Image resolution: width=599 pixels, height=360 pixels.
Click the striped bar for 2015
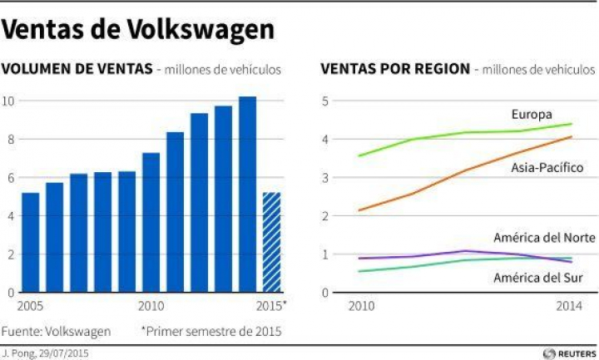pyautogui.click(x=272, y=243)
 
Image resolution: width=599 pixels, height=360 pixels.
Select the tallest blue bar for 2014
pyautogui.click(x=247, y=195)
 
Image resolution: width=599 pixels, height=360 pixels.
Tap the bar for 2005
pyautogui.click(x=30, y=243)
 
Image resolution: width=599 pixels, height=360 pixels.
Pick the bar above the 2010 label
pyautogui.click(x=151, y=223)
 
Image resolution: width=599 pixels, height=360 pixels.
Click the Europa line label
pyautogui.click(x=532, y=114)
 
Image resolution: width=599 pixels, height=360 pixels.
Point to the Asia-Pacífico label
pyautogui.click(x=547, y=168)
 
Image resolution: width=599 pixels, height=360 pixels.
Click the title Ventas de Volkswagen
pyautogui.click(x=138, y=30)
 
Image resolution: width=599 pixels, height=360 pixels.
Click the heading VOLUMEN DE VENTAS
pyautogui.click(x=77, y=69)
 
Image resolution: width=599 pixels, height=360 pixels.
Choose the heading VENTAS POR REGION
pyautogui.click(x=395, y=69)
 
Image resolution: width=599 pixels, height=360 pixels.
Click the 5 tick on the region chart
pyautogui.click(x=326, y=101)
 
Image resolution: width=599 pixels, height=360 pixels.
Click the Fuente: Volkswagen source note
pyautogui.click(x=56, y=331)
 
